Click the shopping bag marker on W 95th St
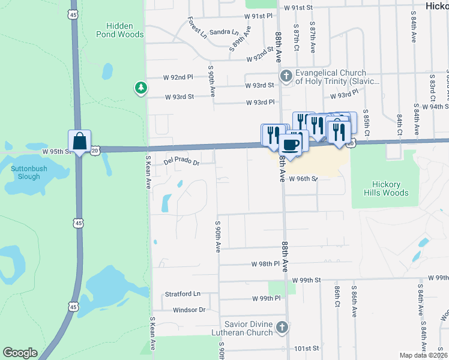tap(79, 142)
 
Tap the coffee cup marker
tap(291, 145)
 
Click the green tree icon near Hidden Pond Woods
tap(141, 88)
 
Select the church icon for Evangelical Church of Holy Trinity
tap(286, 76)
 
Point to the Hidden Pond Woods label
tap(124, 31)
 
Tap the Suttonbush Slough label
tap(25, 173)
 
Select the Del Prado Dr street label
tap(181, 162)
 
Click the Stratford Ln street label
tap(182, 294)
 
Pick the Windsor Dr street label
tap(188, 310)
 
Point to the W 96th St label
tap(303, 179)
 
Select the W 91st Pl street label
tap(259, 15)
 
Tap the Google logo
tap(20, 353)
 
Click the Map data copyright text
tap(423, 355)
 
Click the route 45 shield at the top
tap(73, 14)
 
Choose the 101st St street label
tap(306, 349)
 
